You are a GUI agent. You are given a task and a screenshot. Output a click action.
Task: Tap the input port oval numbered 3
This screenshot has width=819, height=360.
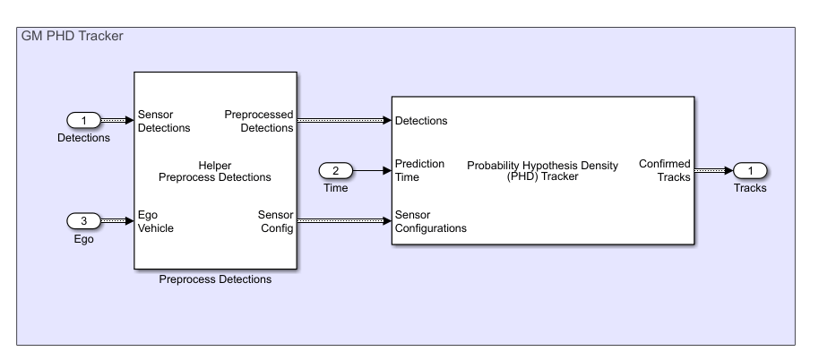point(83,220)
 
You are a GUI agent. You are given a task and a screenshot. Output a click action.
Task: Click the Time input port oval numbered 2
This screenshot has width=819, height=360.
point(336,170)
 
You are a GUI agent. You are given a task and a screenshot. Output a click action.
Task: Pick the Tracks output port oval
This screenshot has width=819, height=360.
point(750,170)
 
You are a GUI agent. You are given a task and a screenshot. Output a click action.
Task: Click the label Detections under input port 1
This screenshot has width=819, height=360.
point(83,138)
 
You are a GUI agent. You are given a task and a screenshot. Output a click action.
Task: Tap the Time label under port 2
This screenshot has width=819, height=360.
point(336,187)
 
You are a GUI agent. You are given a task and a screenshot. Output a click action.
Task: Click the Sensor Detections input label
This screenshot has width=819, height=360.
point(164,121)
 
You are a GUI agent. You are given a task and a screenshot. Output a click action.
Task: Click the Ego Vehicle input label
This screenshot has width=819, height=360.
point(156,220)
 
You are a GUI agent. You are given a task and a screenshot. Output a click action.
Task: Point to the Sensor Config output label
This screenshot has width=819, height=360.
point(275,220)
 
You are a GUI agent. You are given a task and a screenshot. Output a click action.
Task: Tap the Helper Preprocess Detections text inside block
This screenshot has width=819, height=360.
point(215,170)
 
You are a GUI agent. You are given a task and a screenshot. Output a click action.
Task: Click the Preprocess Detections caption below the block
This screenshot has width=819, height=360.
point(215,279)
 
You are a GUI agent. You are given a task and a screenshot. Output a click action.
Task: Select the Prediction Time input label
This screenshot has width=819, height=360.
point(420,170)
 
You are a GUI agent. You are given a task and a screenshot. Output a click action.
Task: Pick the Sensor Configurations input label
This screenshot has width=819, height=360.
point(431,220)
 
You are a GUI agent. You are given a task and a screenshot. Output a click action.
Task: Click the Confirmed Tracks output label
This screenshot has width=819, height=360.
point(664,170)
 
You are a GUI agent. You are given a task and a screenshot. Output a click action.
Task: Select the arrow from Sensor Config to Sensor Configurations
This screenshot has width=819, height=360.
point(344,220)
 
